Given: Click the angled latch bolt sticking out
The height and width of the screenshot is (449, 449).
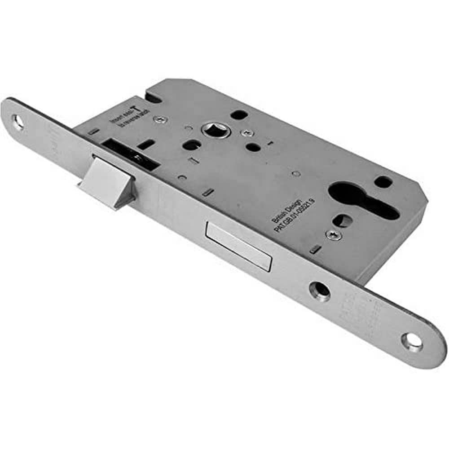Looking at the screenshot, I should (x=107, y=182).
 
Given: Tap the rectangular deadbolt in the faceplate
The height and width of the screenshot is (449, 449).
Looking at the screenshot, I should (x=239, y=245).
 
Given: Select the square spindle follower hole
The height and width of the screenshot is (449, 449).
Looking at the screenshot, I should (x=211, y=130).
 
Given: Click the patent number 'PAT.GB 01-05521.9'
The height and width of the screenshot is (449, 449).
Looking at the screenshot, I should (x=294, y=215).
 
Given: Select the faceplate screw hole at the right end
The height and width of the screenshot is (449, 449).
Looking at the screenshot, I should (x=412, y=342).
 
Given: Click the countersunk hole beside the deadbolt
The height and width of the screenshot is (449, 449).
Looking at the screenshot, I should (x=320, y=291).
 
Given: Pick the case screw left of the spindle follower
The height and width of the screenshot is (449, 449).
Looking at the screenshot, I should (x=161, y=119).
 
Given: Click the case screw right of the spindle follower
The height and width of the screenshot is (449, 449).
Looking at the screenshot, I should (x=245, y=132).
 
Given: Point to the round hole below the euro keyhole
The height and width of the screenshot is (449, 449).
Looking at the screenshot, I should (x=343, y=220).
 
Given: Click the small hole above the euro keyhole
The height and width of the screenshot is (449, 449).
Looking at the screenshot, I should (x=383, y=181).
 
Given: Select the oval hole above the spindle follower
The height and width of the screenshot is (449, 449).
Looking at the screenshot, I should (x=239, y=114).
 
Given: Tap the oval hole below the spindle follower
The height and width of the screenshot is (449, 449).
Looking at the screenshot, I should (x=192, y=145).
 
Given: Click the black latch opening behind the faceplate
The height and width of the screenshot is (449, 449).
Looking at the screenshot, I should (x=130, y=155).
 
